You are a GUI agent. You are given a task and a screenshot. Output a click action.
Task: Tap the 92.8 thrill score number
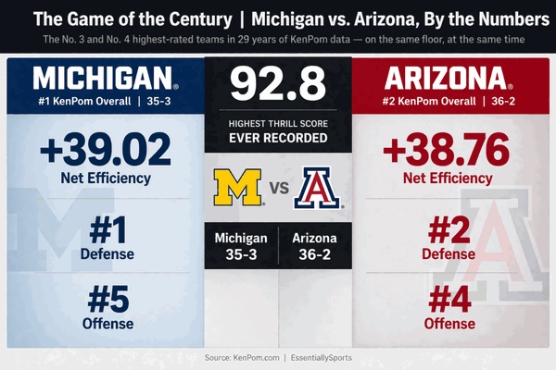click(x=278, y=83)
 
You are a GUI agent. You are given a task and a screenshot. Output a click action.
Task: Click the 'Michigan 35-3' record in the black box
click(x=241, y=245)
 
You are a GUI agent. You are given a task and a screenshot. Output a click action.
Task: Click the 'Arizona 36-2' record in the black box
click(x=316, y=245)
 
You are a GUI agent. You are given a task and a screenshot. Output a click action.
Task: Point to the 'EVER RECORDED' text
click(x=279, y=139)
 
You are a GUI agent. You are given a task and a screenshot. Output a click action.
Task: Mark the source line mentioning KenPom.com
click(x=277, y=357)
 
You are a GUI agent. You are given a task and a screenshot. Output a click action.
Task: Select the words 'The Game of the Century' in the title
click(x=133, y=18)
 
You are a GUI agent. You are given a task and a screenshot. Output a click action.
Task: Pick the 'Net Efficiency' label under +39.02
click(x=105, y=177)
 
